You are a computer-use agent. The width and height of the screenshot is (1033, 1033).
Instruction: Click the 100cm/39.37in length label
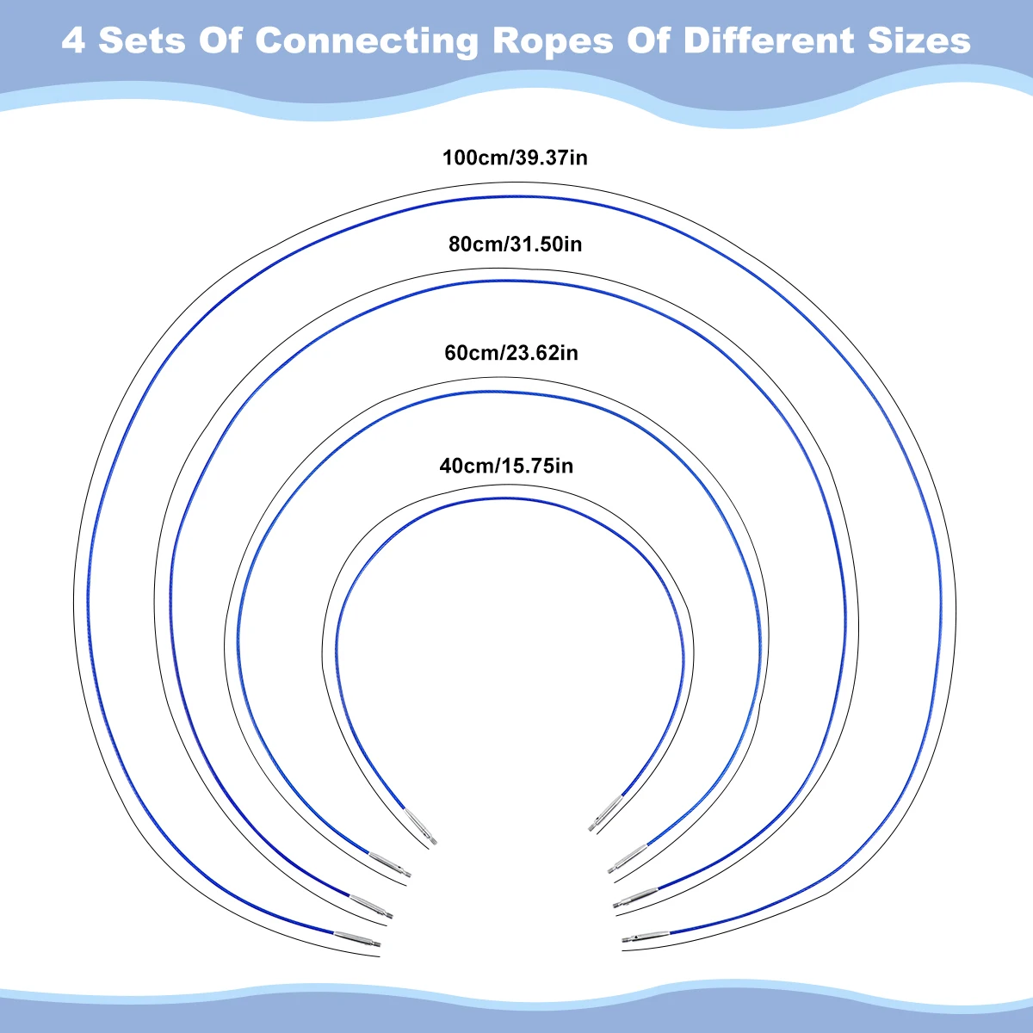pyautogui.click(x=515, y=158)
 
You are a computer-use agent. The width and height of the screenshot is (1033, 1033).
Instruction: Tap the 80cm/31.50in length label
pyautogui.click(x=515, y=244)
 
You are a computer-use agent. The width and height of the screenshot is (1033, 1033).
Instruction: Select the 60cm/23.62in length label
pyautogui.click(x=511, y=353)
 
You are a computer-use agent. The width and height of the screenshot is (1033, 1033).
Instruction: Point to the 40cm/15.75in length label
pyautogui.click(x=506, y=467)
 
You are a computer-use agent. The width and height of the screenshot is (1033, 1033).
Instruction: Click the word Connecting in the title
pyautogui.click(x=367, y=40)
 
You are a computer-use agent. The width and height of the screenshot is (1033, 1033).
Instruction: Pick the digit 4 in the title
pyautogui.click(x=73, y=40)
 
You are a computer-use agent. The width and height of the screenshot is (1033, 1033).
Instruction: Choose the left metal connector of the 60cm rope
pyautogui.click(x=390, y=865)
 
